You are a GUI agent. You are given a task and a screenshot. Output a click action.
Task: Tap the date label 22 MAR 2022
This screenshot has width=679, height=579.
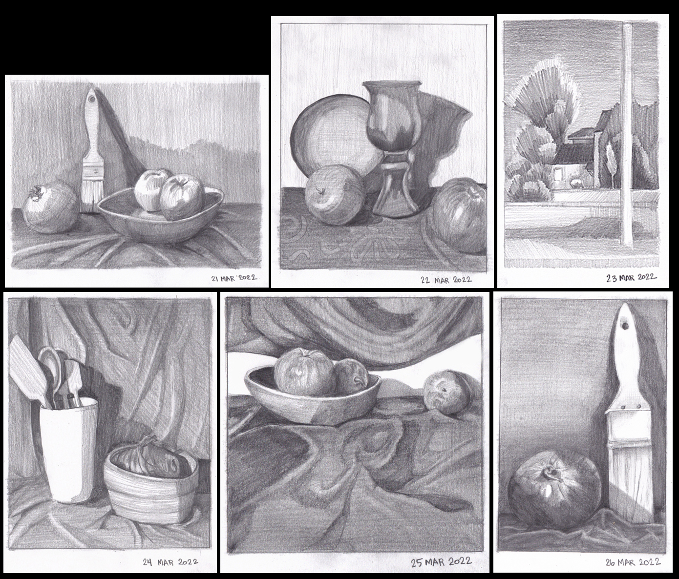pos(446,280)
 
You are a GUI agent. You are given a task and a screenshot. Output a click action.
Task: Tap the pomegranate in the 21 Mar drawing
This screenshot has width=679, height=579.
pos(51,208)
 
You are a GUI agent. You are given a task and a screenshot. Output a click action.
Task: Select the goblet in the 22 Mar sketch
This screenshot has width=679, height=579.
pos(392,146)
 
